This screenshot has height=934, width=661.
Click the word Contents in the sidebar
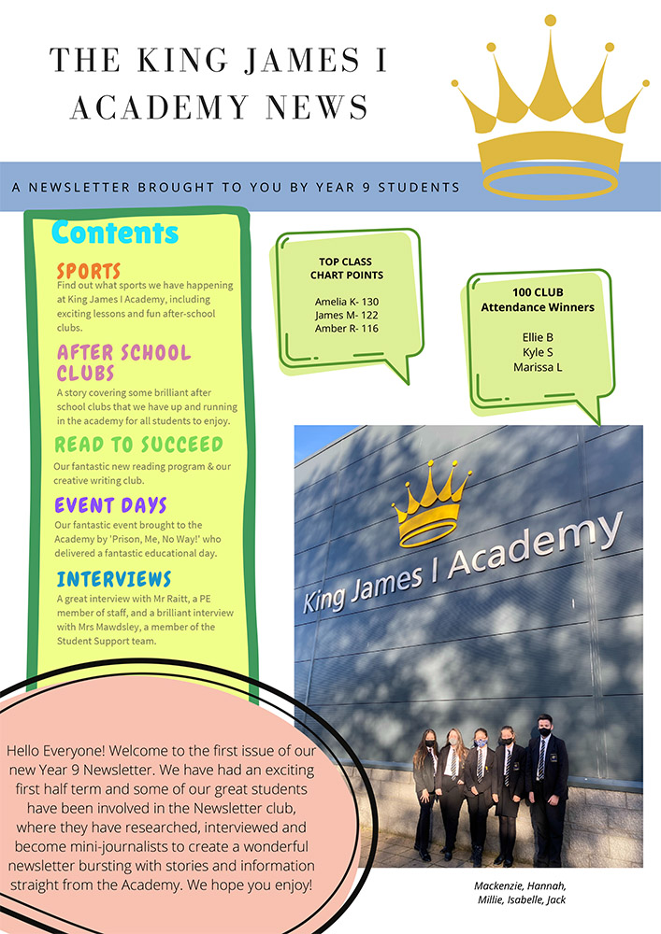click(114, 233)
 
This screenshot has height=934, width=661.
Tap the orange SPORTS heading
click(89, 271)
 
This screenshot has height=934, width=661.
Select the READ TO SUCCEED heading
click(138, 444)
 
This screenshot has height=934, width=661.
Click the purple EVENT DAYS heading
click(110, 505)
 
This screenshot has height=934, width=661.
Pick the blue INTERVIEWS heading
click(114, 578)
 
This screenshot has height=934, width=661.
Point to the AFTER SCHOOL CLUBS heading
click(123, 362)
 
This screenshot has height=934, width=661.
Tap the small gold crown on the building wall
click(431, 502)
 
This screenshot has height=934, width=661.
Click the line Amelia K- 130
click(347, 302)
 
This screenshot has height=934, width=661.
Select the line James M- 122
click(347, 315)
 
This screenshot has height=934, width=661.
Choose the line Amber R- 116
click(347, 328)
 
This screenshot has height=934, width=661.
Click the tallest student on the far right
click(546, 785)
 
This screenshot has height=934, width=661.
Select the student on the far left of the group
click(427, 785)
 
